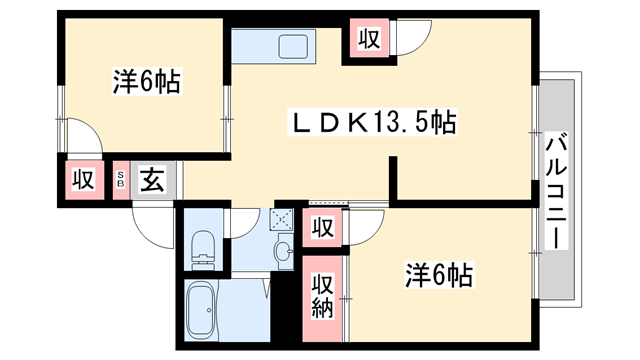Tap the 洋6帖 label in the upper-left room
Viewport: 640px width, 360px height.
click(x=146, y=82)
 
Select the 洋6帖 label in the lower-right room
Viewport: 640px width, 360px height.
click(x=438, y=272)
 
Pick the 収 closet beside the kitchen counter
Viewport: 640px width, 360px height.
click(x=368, y=40)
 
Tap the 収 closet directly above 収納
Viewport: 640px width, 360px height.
click(x=322, y=227)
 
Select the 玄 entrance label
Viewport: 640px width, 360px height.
click(x=152, y=180)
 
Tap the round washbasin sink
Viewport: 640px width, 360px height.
click(x=284, y=250)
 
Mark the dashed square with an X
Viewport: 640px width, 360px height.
click(x=283, y=219)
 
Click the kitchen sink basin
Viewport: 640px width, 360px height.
click(x=297, y=47)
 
